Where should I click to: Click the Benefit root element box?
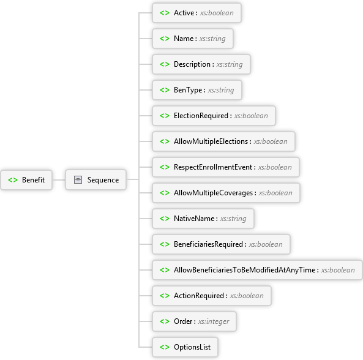[x=26, y=180]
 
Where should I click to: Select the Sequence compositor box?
[x=96, y=180]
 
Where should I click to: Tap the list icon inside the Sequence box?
[x=78, y=180]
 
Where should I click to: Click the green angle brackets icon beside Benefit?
[x=13, y=180]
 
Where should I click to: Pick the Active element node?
[x=196, y=13]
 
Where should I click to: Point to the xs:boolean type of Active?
[x=217, y=13]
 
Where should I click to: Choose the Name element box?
[x=193, y=39]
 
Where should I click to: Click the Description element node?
[x=201, y=64]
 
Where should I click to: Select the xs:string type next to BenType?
[x=221, y=90]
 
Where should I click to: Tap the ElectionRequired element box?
[x=214, y=116]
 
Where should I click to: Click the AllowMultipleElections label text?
[x=211, y=141]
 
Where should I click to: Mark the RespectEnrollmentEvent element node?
[x=226, y=167]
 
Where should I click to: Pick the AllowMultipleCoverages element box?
[x=226, y=193]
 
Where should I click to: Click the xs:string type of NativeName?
[x=233, y=219]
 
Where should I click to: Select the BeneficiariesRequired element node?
[x=221, y=244]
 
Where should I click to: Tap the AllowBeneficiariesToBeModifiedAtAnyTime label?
[x=245, y=270]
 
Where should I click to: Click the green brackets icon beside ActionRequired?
[x=165, y=296]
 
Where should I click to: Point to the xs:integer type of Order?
[x=214, y=321]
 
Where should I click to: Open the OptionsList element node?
[x=185, y=347]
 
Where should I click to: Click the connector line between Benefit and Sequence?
[x=59, y=180]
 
